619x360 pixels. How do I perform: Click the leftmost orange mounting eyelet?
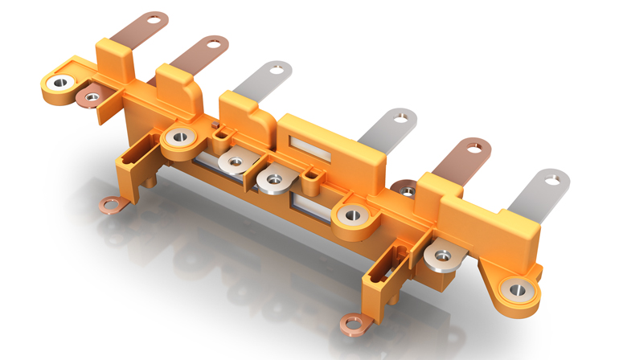coord(59,83)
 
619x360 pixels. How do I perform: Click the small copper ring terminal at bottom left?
coord(109,206)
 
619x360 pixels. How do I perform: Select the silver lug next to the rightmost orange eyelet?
coord(441,256)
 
